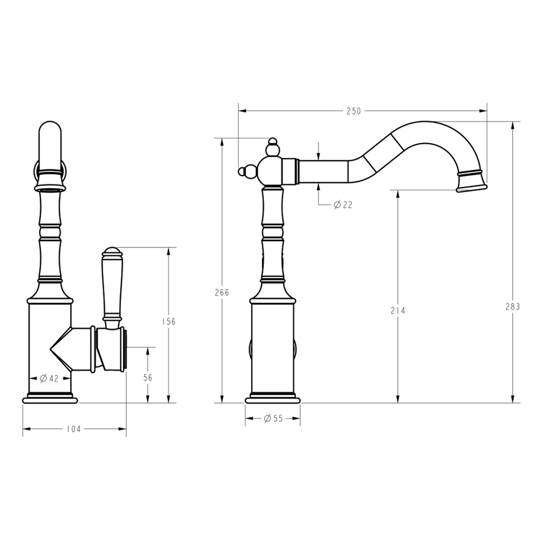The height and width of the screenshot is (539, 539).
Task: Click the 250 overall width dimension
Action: tap(353, 111)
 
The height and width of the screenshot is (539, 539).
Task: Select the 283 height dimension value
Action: tap(513, 306)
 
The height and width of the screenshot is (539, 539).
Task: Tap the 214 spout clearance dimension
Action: tap(398, 310)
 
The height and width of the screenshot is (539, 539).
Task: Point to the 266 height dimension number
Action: tap(222, 292)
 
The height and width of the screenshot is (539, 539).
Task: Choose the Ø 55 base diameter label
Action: tap(273, 418)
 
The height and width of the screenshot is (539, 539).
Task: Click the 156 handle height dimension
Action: tap(169, 321)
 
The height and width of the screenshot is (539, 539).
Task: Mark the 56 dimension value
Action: tap(148, 378)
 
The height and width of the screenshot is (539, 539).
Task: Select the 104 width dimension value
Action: tap(73, 429)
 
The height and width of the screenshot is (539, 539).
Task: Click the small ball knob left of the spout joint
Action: tap(243, 172)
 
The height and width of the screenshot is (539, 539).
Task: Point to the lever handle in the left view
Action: tap(112, 284)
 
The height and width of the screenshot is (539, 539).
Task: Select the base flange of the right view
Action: tap(272, 399)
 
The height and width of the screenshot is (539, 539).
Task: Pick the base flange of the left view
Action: tap(50, 399)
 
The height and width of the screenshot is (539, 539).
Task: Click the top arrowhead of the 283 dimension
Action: tap(513, 125)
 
